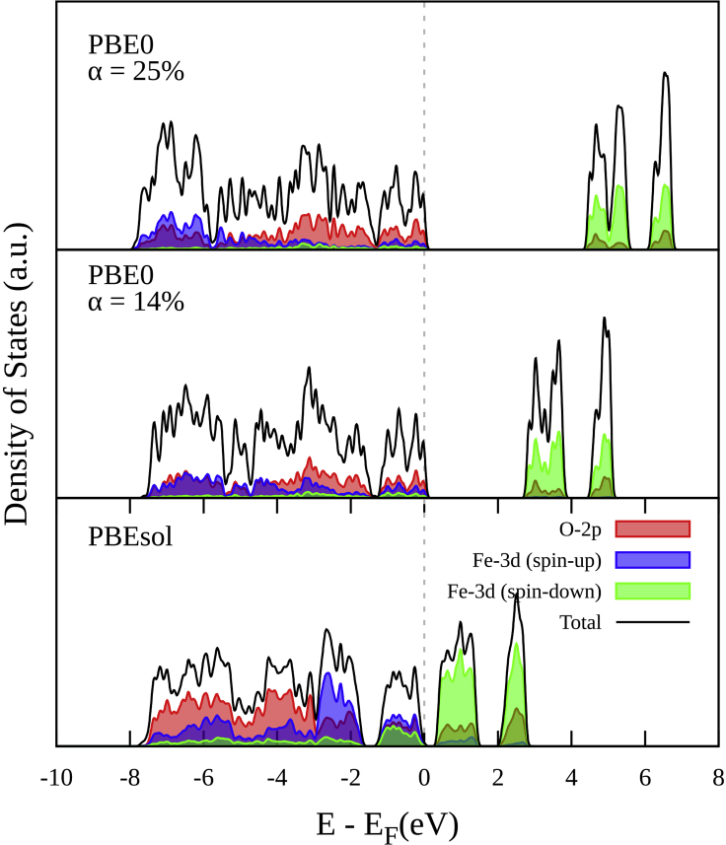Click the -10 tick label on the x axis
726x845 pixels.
(x=54, y=777)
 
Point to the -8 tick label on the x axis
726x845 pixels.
(x=128, y=777)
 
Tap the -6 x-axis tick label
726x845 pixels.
(x=202, y=777)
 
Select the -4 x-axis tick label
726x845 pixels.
(x=276, y=777)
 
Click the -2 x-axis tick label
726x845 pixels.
(x=350, y=777)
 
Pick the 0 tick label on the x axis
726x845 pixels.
(x=424, y=777)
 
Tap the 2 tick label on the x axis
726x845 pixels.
(x=498, y=777)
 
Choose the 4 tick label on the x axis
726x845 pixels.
(x=572, y=777)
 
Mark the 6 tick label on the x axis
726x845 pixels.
(x=646, y=777)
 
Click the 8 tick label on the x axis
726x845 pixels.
(x=719, y=777)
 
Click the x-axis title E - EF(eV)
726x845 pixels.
(x=388, y=821)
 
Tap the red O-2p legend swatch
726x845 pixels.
(x=652, y=528)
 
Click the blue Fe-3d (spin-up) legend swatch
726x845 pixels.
(x=652, y=560)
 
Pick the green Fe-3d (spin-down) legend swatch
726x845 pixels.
(x=652, y=591)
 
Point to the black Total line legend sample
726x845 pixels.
(x=652, y=622)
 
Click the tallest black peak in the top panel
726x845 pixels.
(x=666, y=74)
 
